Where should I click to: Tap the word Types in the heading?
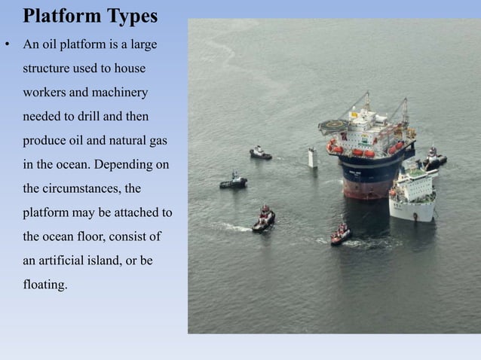click(x=130, y=16)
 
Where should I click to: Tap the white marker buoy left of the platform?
click(x=311, y=157)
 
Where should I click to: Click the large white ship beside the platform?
click(x=413, y=193)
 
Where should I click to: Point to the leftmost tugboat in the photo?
click(x=234, y=182)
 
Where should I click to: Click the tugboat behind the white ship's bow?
click(x=434, y=157)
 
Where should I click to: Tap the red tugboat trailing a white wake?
click(x=264, y=219)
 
